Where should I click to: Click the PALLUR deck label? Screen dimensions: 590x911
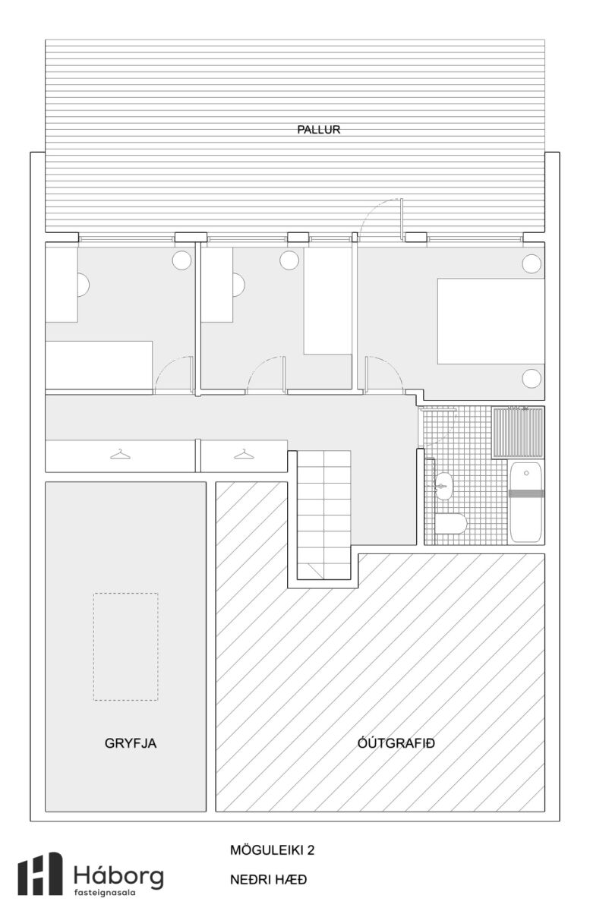pyautogui.click(x=318, y=130)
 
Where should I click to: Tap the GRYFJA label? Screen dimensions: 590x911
pyautogui.click(x=130, y=743)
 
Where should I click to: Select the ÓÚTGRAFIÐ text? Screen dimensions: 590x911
pyautogui.click(x=396, y=743)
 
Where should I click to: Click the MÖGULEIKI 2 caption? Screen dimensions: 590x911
pyautogui.click(x=272, y=850)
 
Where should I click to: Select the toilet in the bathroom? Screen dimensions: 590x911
pyautogui.click(x=451, y=523)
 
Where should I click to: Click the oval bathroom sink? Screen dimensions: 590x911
pyautogui.click(x=443, y=486)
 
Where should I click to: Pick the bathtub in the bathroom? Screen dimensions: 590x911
pyautogui.click(x=526, y=503)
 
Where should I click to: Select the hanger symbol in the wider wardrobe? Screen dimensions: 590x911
pyautogui.click(x=121, y=454)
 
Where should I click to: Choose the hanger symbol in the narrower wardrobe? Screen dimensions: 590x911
pyautogui.click(x=244, y=454)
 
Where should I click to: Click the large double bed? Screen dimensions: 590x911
pyautogui.click(x=491, y=321)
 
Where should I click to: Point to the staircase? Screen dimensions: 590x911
pyautogui.click(x=324, y=515)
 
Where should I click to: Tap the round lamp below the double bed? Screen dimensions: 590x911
pyautogui.click(x=532, y=379)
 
